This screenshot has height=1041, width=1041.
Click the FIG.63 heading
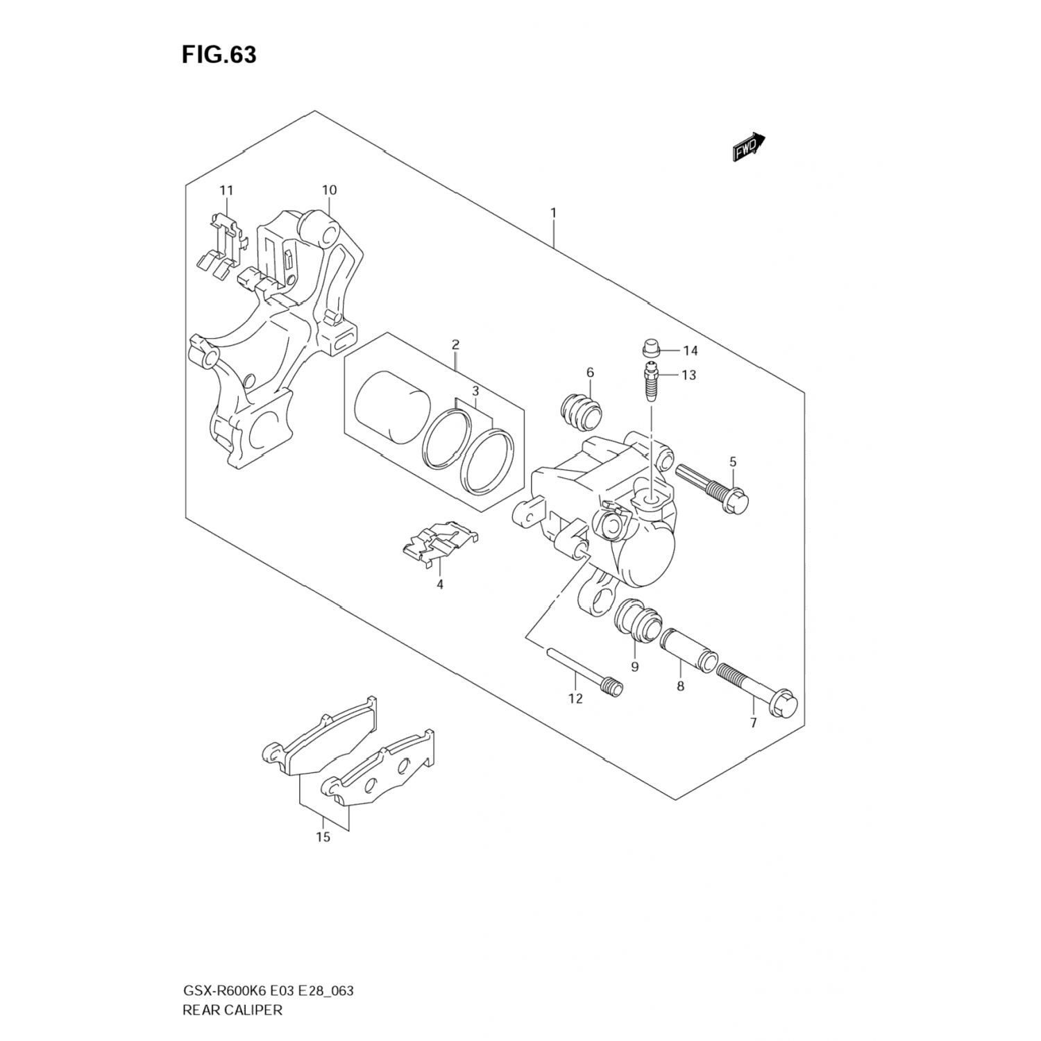click(x=219, y=55)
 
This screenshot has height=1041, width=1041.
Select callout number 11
click(x=226, y=190)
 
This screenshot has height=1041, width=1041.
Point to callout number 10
click(x=329, y=190)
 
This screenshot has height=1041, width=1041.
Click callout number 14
click(x=689, y=350)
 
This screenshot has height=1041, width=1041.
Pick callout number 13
click(x=688, y=375)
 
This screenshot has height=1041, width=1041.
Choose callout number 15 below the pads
click(x=323, y=837)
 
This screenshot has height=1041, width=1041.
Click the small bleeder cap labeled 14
click(x=650, y=348)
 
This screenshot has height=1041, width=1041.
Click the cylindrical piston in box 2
click(x=390, y=407)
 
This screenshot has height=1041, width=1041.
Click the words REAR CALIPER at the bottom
click(x=232, y=1010)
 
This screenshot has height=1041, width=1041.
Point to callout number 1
click(x=553, y=212)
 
